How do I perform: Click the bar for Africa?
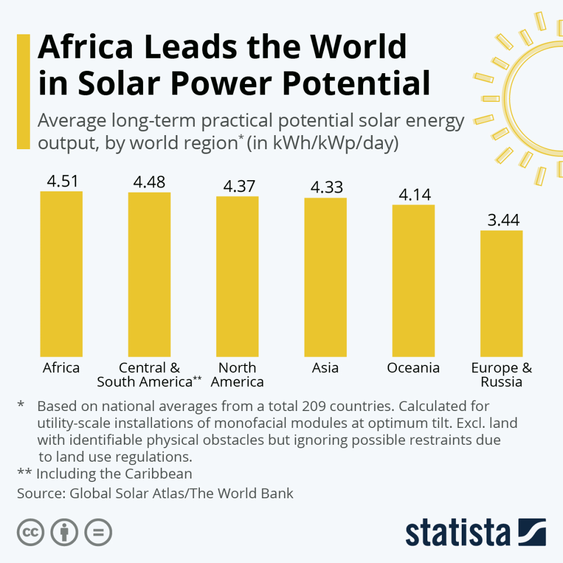(x=61, y=274)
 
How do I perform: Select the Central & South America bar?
(x=149, y=274)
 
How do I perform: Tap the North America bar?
(x=237, y=276)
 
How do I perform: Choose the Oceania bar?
(x=413, y=280)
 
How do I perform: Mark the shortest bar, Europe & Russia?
(x=501, y=293)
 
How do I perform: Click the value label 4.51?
(x=62, y=181)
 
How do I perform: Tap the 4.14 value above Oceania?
(x=415, y=195)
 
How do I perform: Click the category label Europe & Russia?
(x=501, y=375)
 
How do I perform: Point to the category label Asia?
(x=325, y=368)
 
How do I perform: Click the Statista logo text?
(x=457, y=533)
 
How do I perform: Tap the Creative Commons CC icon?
(x=31, y=531)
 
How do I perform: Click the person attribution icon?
(x=65, y=531)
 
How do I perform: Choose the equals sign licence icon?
(x=99, y=531)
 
